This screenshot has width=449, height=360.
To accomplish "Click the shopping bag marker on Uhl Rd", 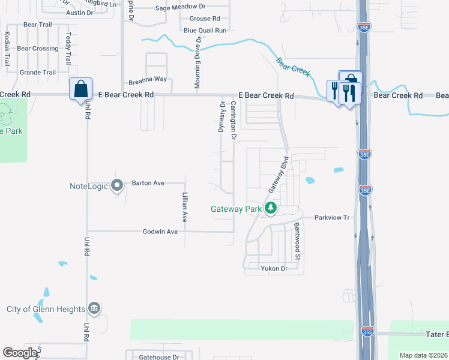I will point(80,89).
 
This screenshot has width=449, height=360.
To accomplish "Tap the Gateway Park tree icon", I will point(271,209).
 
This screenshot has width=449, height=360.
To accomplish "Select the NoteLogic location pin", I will point(118,186).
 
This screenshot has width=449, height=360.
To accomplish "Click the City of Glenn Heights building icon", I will point(94,308).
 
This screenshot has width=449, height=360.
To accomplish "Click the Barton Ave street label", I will point(148,183).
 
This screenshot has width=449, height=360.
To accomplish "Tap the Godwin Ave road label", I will point(160,232).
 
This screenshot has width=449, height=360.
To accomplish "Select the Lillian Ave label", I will point(184,207).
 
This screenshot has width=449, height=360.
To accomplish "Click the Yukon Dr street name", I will point(274,268).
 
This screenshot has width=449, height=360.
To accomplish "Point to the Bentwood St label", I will point(297,238).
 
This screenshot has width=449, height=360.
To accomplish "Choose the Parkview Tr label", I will point(331,218).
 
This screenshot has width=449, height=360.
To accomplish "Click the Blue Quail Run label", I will point(205,30).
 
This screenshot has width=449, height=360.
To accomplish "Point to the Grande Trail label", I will point(37,73).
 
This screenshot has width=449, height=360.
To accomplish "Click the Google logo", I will point(20,353).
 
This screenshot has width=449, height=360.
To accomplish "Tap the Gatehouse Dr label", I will point(159,357).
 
